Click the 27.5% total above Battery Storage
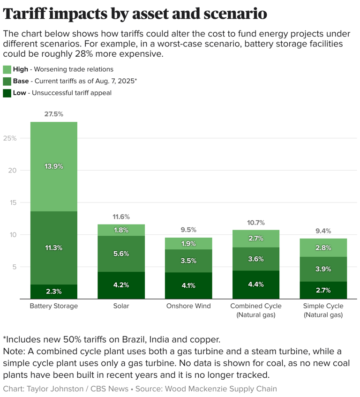(53, 114)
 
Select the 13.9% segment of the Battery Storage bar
(53, 166)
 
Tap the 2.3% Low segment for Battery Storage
(53, 291)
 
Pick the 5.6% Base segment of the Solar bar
(121, 254)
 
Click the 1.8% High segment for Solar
(121, 230)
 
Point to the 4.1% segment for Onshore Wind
(188, 285)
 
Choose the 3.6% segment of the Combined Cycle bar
(255, 259)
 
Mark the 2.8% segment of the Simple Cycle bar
(323, 247)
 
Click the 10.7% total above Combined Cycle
(255, 223)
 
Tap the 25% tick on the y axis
(10, 138)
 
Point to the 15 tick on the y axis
(13, 202)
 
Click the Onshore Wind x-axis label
(188, 306)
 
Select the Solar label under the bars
(121, 306)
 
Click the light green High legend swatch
(7, 69)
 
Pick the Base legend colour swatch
(7, 81)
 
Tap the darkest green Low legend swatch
(7, 93)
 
